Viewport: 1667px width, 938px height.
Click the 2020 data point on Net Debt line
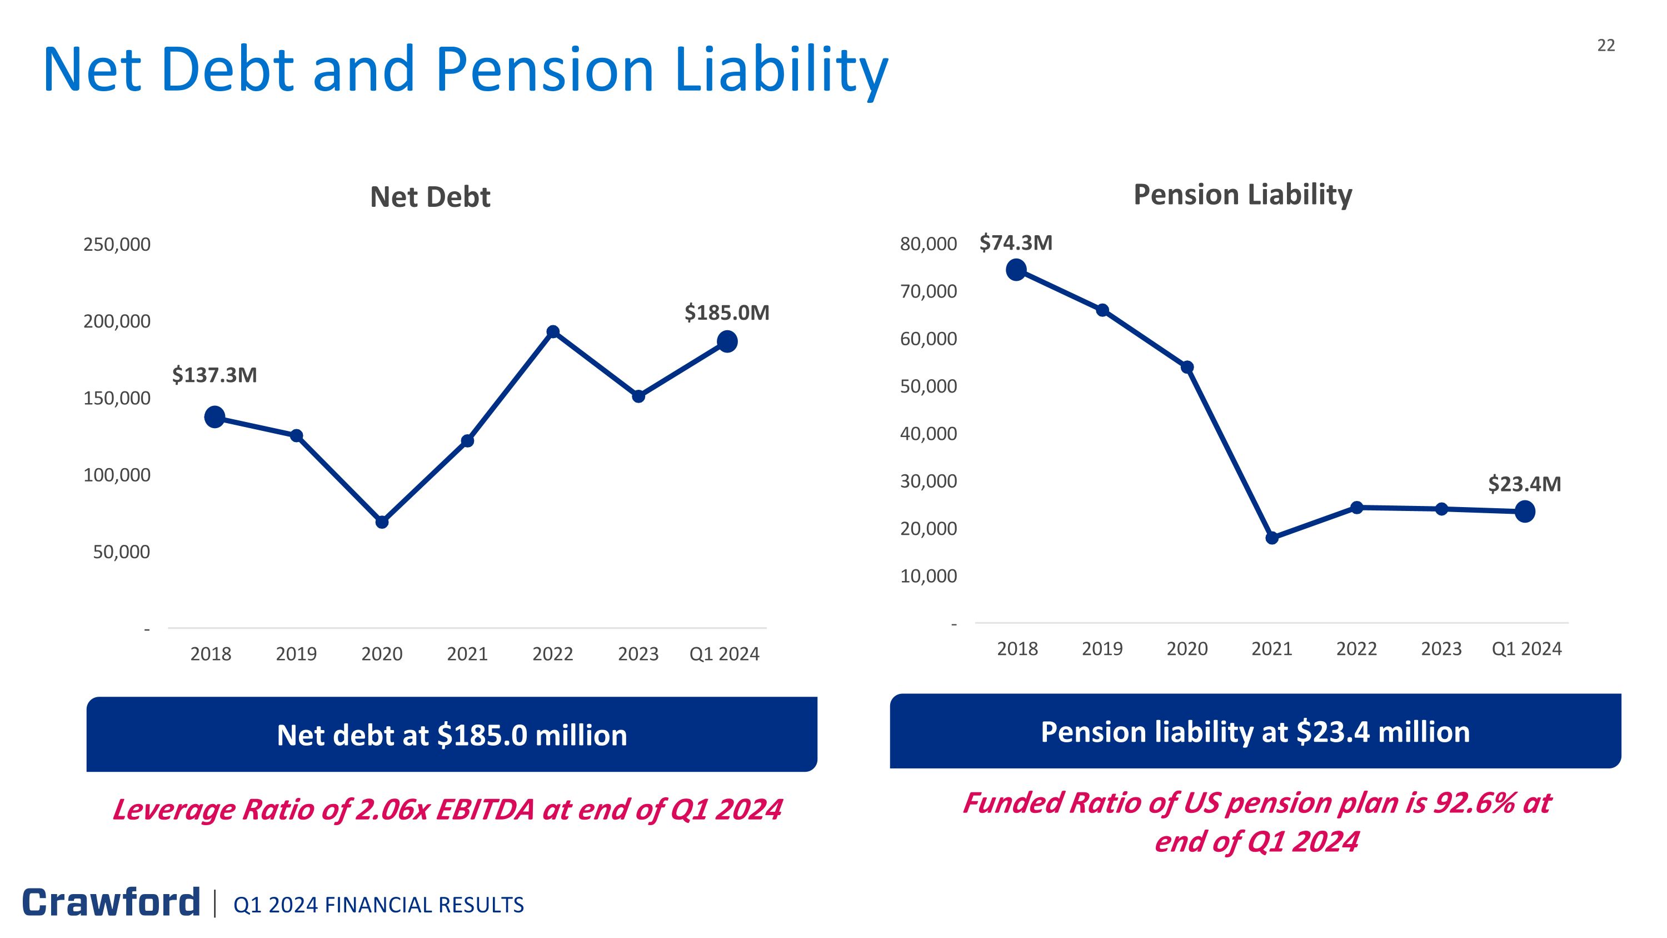(382, 522)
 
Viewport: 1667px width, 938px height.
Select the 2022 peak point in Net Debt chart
(553, 332)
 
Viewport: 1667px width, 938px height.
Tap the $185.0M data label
(727, 312)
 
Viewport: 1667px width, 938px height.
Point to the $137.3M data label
(214, 375)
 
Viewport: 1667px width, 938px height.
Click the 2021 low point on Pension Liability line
(1271, 538)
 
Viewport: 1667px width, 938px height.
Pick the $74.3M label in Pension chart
(1015, 243)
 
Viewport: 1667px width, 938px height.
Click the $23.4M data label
(1524, 484)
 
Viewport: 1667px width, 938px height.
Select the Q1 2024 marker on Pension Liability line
(1525, 512)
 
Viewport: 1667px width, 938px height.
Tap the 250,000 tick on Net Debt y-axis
(117, 245)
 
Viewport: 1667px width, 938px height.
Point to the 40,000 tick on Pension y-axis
(928, 434)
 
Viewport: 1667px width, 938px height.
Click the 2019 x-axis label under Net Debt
(296, 654)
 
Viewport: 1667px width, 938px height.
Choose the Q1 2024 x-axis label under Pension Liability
(1526, 649)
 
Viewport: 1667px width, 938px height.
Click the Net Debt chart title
(430, 197)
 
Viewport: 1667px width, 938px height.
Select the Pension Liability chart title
(1242, 194)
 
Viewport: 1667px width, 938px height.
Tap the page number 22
(1605, 45)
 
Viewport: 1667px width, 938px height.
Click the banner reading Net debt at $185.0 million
(452, 734)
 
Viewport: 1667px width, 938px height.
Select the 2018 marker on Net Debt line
(214, 417)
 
